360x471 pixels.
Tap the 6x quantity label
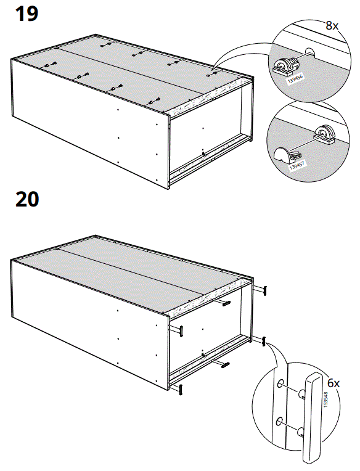click(333, 383)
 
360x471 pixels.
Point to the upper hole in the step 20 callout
click(282, 384)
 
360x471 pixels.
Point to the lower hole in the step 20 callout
click(282, 422)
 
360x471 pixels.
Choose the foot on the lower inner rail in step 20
click(223, 363)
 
